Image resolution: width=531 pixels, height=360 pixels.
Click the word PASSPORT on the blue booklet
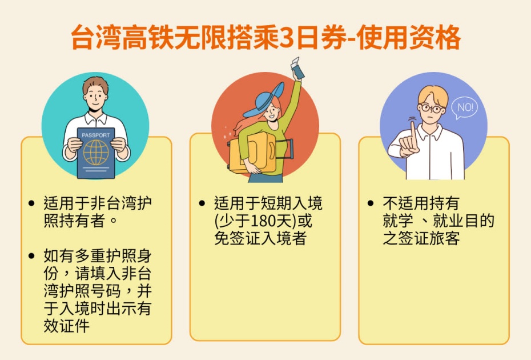95,135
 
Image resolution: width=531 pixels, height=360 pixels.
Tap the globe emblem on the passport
95,153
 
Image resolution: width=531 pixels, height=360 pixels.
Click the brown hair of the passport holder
95,86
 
